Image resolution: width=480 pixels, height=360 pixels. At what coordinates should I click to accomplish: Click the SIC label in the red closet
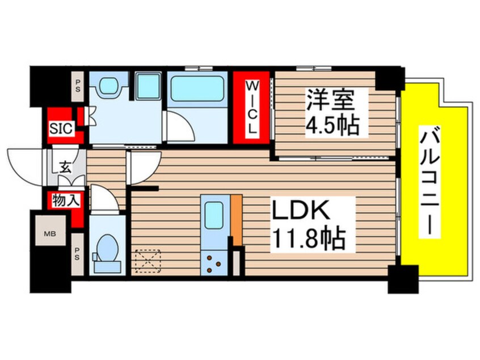coord(61,128)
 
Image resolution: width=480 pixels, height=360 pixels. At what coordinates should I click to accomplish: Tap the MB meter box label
coord(49,232)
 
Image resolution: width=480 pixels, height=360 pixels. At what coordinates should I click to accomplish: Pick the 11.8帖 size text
coord(310,240)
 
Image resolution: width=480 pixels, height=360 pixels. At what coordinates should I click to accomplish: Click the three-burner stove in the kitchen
coord(214,262)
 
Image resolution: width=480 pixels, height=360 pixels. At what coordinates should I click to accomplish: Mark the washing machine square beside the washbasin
coord(148,85)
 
